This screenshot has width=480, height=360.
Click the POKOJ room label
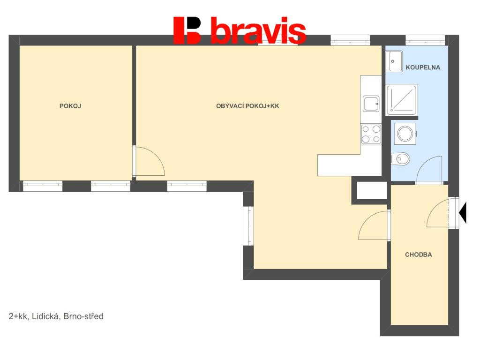click(70, 106)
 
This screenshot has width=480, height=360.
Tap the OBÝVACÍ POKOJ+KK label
click(247, 106)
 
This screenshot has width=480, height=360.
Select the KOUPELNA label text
click(423, 67)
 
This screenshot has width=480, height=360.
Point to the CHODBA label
click(418, 255)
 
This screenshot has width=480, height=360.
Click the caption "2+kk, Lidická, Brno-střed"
click(56, 316)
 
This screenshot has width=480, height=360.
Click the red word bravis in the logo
click(258, 31)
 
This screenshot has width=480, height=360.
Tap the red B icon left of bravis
click(187, 30)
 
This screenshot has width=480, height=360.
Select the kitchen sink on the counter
click(371, 104)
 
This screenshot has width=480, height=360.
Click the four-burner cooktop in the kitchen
click(371, 134)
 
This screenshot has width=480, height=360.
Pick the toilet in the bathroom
click(401, 159)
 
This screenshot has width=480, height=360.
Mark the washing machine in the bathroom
click(405, 134)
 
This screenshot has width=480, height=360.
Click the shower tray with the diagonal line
click(402, 99)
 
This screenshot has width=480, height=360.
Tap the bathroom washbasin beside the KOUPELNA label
click(393, 61)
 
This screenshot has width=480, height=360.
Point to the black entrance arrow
click(463, 212)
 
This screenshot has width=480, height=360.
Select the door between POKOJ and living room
click(148, 162)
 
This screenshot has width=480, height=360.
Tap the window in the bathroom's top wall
click(425, 40)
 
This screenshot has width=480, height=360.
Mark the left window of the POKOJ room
click(43, 186)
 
